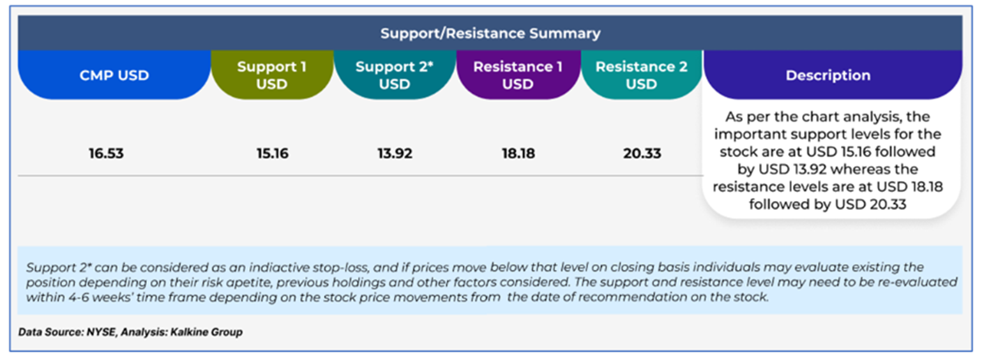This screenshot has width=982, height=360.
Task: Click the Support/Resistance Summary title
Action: (x=490, y=33)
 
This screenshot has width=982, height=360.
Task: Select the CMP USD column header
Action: (x=114, y=75)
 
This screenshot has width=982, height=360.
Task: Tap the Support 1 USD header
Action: (x=272, y=75)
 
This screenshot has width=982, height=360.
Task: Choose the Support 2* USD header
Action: (x=395, y=75)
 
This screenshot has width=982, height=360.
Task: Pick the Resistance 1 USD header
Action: (x=518, y=75)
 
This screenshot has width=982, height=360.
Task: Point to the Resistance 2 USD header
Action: (x=642, y=75)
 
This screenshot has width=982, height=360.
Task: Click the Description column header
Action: (x=828, y=75)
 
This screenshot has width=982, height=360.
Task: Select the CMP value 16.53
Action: (x=106, y=153)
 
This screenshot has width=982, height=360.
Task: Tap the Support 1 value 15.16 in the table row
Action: (x=272, y=153)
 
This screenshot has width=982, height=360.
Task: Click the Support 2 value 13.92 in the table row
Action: (x=395, y=153)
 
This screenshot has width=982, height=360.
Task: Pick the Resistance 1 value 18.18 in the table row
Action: (x=518, y=153)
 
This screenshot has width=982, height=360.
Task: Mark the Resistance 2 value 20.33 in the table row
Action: (x=642, y=153)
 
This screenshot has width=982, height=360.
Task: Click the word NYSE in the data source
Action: (x=102, y=332)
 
